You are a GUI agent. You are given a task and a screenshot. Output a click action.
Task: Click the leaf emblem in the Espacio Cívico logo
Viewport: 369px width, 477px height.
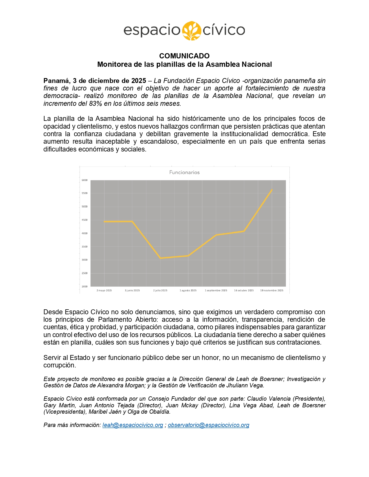tap(191, 30)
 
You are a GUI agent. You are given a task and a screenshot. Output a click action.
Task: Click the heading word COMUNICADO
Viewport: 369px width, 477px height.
tap(184, 56)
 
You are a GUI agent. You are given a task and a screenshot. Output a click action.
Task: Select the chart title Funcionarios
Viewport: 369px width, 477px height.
tap(184, 172)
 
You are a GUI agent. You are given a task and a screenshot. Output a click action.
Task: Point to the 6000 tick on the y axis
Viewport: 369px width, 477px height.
tap(85, 180)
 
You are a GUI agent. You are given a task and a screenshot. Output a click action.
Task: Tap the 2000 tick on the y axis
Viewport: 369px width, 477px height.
tap(85, 286)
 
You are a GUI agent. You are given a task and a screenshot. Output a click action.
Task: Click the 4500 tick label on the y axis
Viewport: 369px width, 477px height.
tap(85, 220)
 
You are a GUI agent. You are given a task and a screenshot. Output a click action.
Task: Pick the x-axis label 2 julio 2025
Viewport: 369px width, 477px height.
tap(160, 290)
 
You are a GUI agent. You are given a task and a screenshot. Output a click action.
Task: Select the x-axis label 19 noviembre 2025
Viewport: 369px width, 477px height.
tap(272, 290)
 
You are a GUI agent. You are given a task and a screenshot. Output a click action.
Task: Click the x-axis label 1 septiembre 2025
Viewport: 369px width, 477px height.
tap(216, 290)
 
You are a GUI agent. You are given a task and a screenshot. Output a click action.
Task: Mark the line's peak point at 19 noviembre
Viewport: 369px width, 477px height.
tap(272, 190)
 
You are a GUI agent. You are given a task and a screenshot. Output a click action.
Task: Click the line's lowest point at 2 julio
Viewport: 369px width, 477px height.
tap(161, 258)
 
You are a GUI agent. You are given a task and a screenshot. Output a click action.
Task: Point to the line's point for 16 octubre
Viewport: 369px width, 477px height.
tap(244, 231)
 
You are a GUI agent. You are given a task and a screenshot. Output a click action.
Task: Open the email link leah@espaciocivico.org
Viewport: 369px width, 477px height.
tap(133, 425)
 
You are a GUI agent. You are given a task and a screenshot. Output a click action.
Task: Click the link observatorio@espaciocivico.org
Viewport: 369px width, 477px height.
tap(208, 425)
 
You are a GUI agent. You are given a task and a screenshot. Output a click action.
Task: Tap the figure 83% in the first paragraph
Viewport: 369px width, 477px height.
tap(96, 103)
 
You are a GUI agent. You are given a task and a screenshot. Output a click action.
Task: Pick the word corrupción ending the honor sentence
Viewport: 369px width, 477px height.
tap(59, 365)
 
